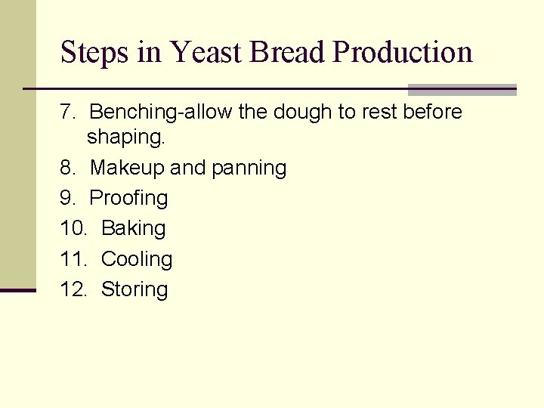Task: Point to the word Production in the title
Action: click(403, 53)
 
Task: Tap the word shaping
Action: click(125, 138)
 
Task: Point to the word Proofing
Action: click(128, 199)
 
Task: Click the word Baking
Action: click(133, 228)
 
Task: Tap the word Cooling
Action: click(137, 259)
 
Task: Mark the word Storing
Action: click(134, 289)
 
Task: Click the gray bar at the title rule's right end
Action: click(462, 90)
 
